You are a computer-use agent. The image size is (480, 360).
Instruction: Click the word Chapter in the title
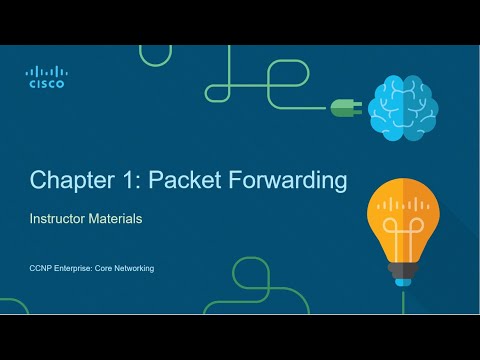pos(68,180)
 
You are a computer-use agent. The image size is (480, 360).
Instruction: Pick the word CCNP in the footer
pos(40,268)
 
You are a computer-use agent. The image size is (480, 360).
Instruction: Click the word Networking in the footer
pos(133,268)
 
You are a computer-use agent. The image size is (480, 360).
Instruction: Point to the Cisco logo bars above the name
pos(46,72)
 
